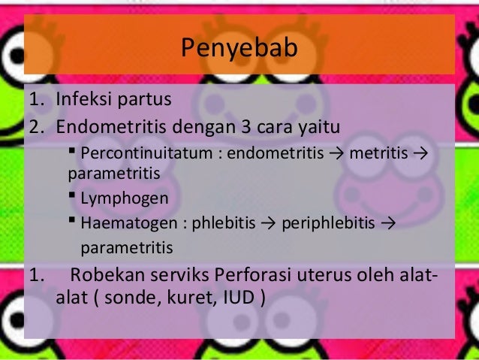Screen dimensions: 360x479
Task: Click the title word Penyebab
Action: point(239,49)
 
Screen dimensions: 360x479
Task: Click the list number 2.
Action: point(34,123)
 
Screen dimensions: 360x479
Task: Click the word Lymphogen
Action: point(124,199)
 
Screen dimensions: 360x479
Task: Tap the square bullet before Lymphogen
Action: point(72,198)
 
